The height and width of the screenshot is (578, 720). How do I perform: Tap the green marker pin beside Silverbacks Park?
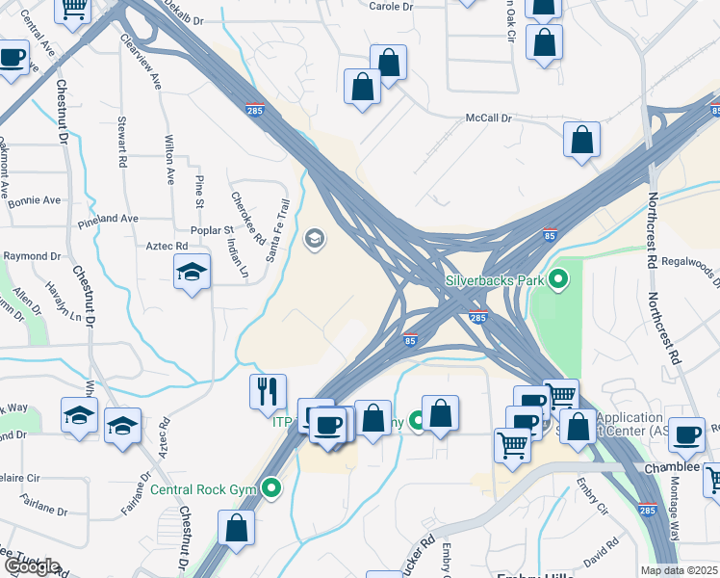[556, 281]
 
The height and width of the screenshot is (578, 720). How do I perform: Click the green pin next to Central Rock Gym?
[272, 488]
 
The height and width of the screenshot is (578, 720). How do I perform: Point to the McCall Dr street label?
[488, 118]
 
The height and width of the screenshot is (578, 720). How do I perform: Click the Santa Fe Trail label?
[277, 230]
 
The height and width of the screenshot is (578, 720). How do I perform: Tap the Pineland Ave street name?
[108, 219]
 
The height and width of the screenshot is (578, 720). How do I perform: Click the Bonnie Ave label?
[34, 201]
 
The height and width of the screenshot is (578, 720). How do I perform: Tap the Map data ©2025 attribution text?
[679, 570]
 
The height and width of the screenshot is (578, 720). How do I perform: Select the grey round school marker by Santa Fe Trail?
[315, 239]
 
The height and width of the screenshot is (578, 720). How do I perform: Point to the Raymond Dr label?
[32, 257]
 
